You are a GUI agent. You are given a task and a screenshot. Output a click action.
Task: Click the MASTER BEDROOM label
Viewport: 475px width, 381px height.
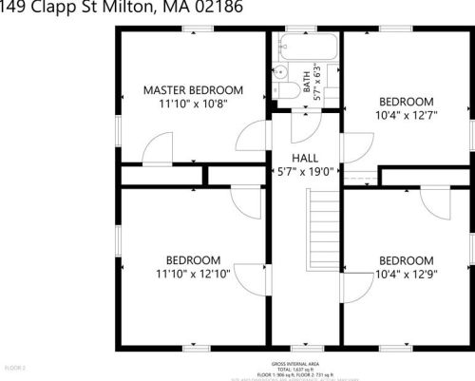tap(193, 90)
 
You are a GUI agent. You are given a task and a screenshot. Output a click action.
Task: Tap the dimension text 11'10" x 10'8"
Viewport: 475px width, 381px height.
tap(193, 105)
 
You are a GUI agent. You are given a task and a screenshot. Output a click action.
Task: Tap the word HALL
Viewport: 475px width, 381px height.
tap(304, 158)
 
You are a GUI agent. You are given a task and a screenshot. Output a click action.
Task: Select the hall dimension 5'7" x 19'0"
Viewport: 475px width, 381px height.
tap(304, 172)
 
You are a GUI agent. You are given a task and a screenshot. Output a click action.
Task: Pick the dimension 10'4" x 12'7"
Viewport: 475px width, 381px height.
tap(406, 117)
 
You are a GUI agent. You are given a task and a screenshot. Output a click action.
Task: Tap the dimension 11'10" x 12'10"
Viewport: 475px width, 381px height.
tap(193, 275)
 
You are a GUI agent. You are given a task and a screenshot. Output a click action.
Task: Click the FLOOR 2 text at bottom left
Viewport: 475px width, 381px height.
tap(15, 367)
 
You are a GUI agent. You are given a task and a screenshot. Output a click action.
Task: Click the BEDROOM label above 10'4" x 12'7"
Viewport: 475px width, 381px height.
tap(406, 102)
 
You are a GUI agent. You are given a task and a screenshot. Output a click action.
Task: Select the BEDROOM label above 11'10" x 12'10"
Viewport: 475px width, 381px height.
tap(193, 259)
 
